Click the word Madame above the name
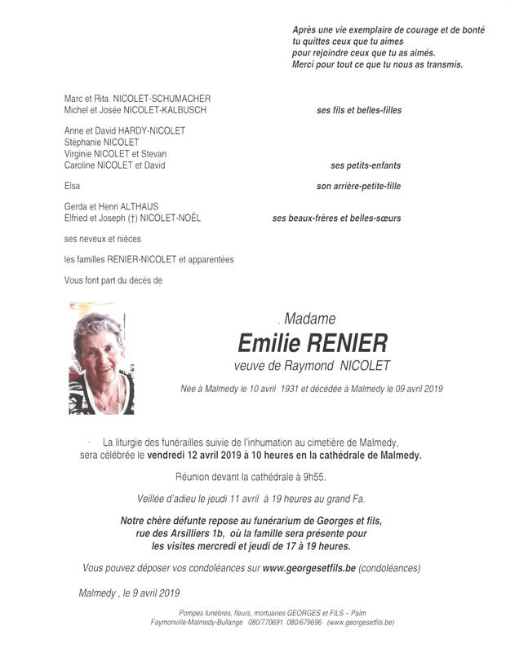(x=310, y=319)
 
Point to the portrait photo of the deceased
(x=101, y=359)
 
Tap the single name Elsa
(x=73, y=186)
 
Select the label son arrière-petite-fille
(x=358, y=186)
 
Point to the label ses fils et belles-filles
(x=359, y=110)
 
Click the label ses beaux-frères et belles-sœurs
(x=336, y=218)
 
